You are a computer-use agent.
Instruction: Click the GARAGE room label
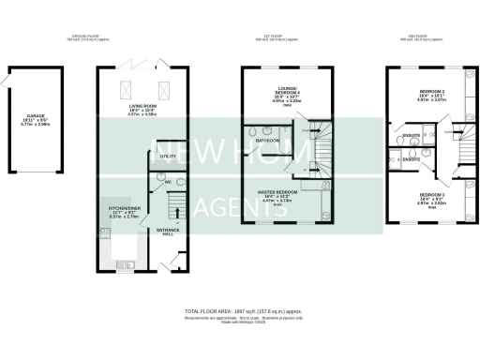(36, 118)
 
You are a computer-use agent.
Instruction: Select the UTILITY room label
(169, 156)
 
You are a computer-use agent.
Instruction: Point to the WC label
(156, 182)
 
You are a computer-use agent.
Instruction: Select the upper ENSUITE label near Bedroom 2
(411, 136)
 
